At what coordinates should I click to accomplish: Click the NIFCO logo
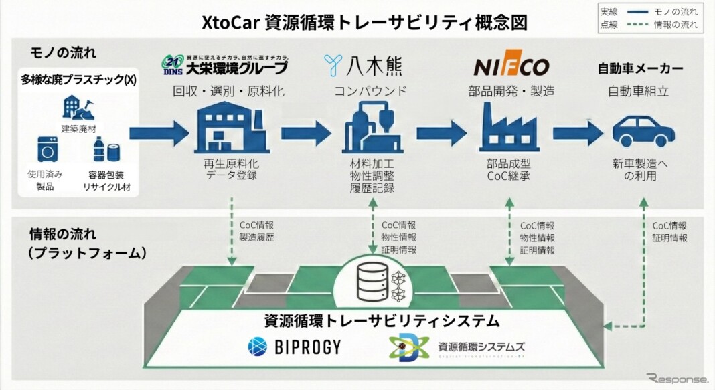(x=511, y=67)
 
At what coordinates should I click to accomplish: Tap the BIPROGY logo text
(x=295, y=346)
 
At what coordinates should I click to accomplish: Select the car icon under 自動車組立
(x=640, y=131)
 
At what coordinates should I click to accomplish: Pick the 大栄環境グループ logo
(x=225, y=66)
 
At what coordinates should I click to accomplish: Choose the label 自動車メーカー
(x=640, y=68)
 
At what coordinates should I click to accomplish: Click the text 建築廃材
(x=79, y=128)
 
